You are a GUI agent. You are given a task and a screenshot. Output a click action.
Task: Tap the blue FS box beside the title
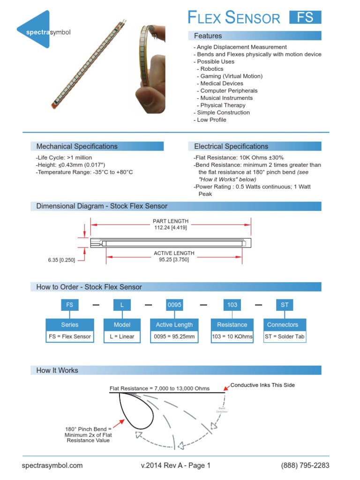point(305,18)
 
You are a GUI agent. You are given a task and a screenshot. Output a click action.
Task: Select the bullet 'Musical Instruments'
point(226,98)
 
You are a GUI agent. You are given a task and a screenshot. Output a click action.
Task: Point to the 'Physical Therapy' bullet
point(223,105)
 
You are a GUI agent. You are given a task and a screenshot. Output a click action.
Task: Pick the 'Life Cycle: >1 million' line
point(64,157)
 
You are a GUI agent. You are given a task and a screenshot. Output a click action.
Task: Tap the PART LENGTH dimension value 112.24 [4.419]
point(171,228)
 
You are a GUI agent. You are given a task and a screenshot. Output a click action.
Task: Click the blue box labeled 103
point(232,305)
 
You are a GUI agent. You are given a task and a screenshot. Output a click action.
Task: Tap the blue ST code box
point(285,305)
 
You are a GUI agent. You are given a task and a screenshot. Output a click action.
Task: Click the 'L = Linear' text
point(122,337)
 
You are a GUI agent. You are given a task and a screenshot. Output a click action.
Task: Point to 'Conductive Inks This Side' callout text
point(262,385)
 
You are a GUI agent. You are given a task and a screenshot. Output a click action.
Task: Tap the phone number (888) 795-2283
point(305,465)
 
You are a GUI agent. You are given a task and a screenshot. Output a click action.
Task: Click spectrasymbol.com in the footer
point(52,465)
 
